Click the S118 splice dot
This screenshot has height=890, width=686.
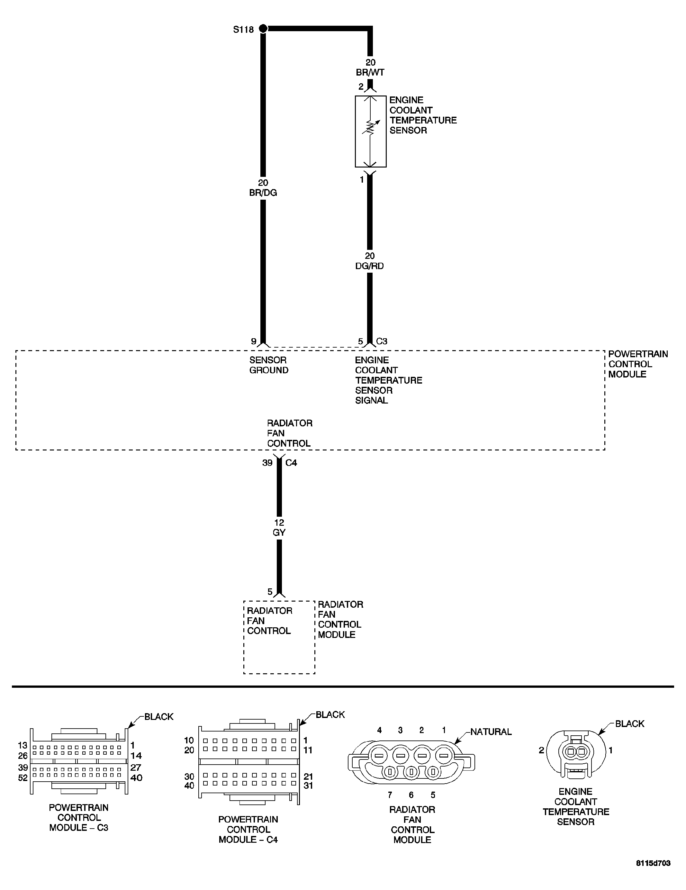[x=263, y=29]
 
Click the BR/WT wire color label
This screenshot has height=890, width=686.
[x=370, y=73]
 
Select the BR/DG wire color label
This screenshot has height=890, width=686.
[x=263, y=193]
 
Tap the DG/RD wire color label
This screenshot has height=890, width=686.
[x=369, y=266]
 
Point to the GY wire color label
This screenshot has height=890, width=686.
[x=279, y=532]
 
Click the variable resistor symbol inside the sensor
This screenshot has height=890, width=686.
[x=370, y=128]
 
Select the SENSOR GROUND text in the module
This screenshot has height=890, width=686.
[x=268, y=365]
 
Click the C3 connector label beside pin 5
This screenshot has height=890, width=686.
[x=381, y=341]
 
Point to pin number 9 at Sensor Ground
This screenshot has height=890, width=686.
[x=253, y=341]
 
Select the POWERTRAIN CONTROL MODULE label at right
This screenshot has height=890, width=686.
[x=637, y=364]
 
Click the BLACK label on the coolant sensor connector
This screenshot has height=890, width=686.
[x=629, y=724]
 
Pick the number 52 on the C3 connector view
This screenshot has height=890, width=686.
[x=23, y=778]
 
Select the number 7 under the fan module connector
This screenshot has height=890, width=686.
[x=390, y=795]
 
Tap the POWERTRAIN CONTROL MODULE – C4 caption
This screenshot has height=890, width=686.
[x=248, y=829]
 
